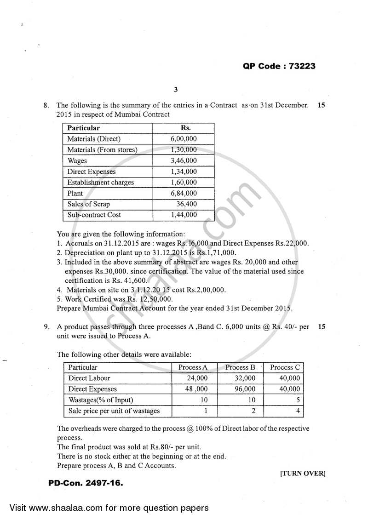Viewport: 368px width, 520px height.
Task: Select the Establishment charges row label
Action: pos(100,183)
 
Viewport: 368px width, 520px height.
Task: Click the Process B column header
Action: pos(240,367)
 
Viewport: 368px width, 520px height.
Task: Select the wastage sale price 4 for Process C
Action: pos(298,411)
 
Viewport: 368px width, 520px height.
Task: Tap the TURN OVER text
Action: pos(303,474)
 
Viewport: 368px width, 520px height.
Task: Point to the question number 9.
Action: pos(46,327)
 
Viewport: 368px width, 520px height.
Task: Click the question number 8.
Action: pos(46,105)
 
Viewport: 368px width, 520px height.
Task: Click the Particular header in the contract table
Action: pos(83,128)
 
